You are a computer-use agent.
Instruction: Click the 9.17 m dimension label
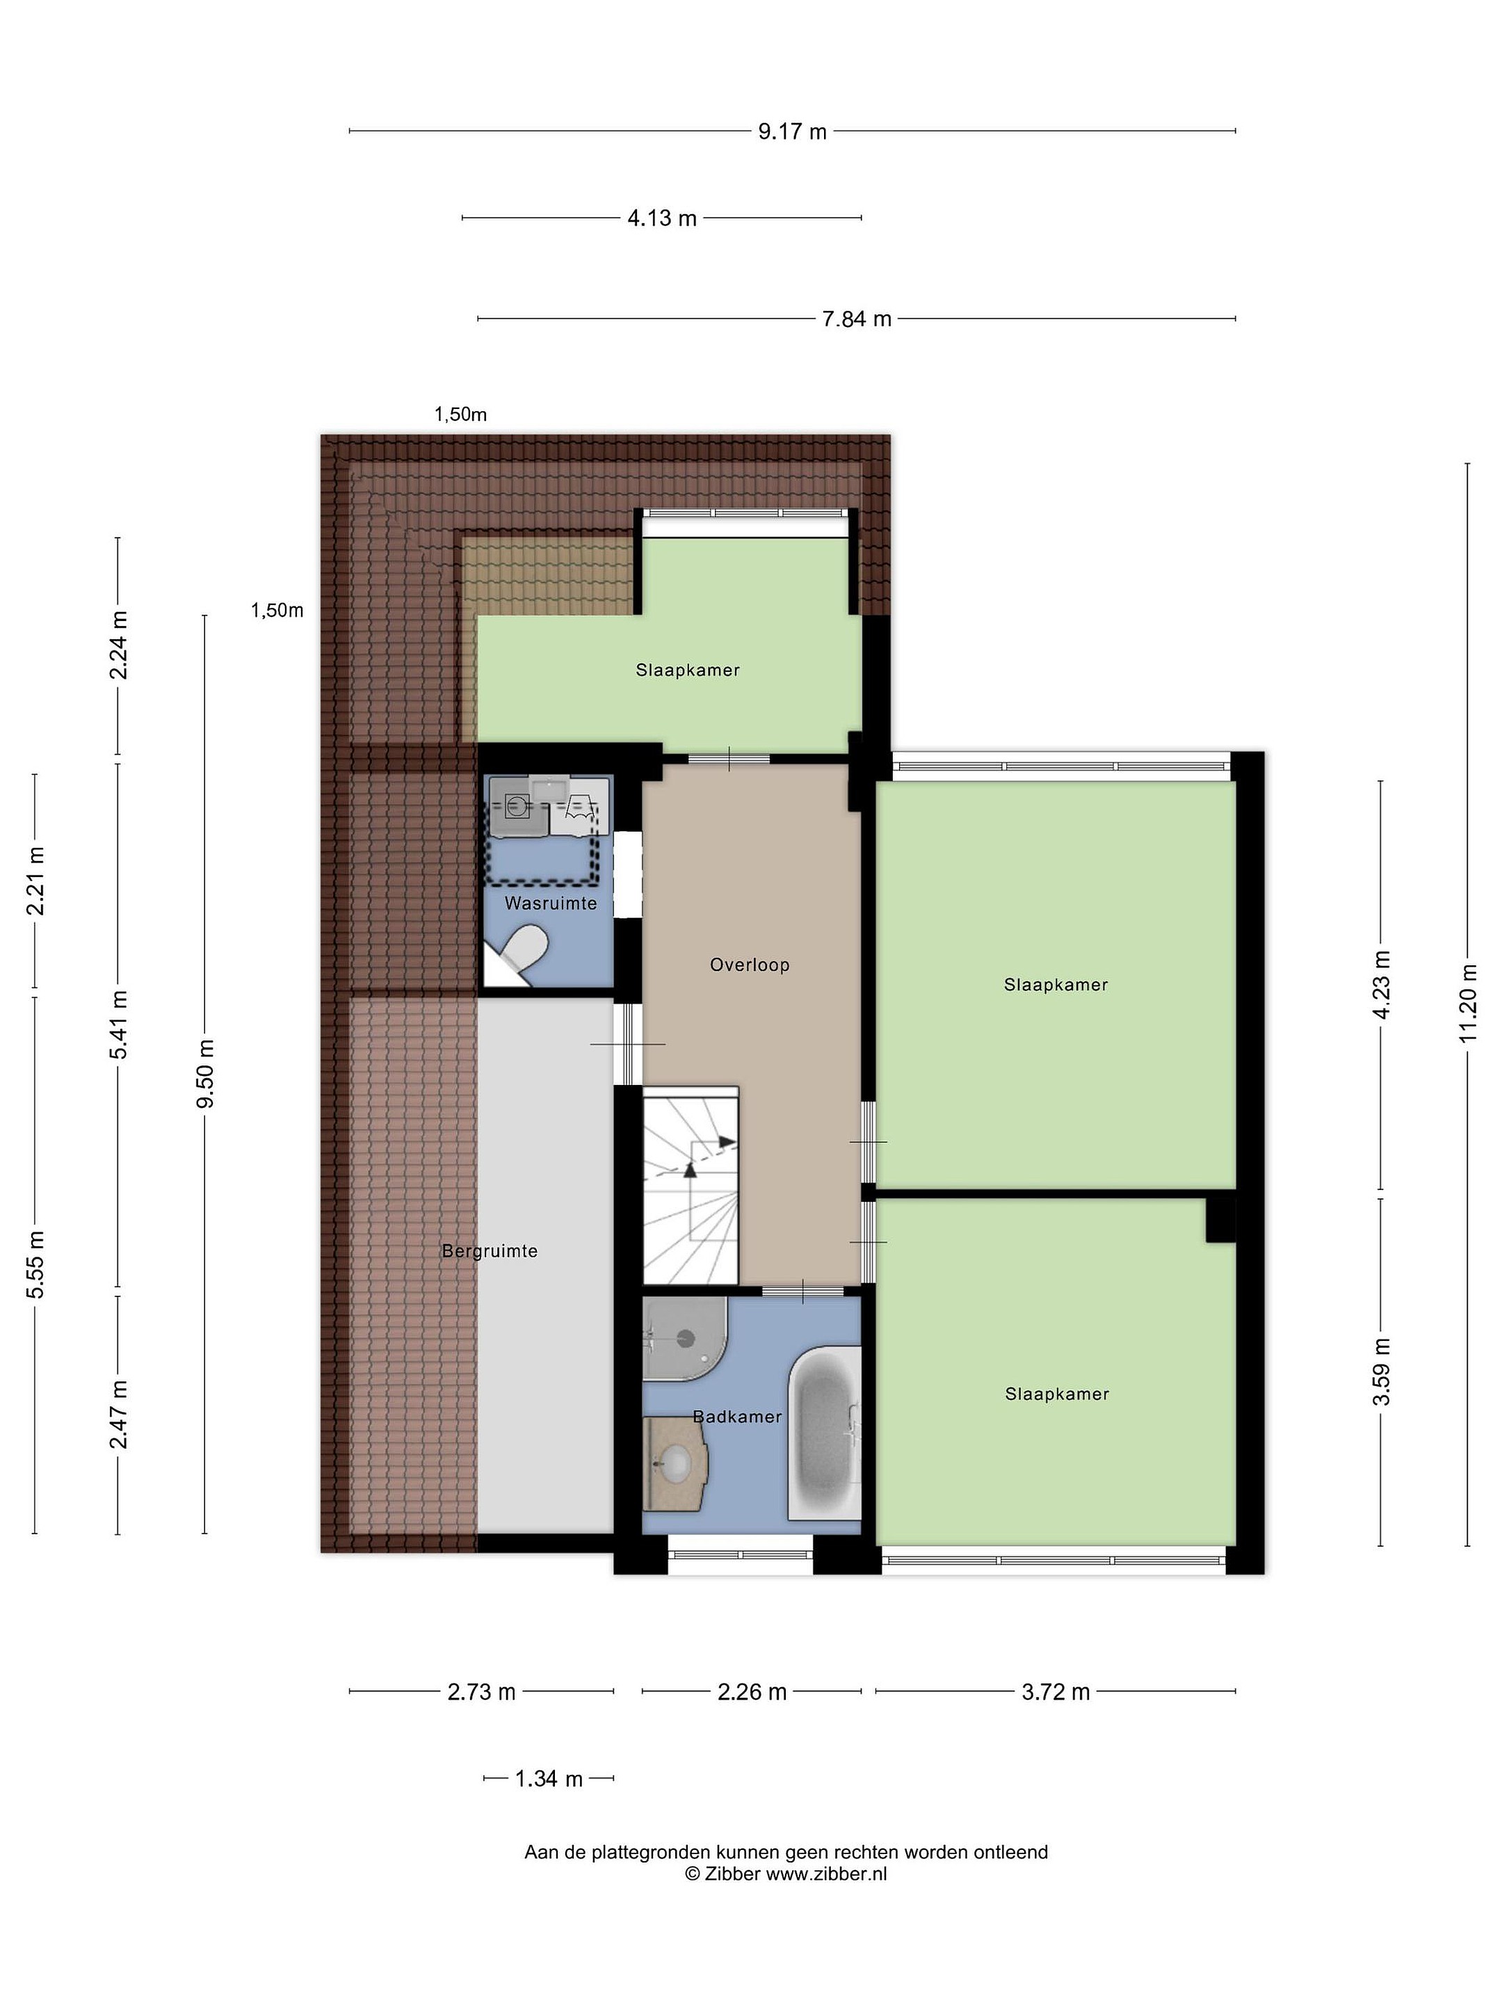[792, 131]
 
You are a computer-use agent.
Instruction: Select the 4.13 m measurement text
[662, 218]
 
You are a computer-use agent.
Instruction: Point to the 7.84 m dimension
[857, 319]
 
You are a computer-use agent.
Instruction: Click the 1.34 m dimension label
[549, 1778]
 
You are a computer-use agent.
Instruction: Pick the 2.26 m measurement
[752, 1691]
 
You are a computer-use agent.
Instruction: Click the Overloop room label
[750, 965]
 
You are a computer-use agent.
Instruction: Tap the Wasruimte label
[551, 903]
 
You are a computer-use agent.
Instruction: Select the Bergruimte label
[490, 1250]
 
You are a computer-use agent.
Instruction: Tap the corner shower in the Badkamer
[683, 1338]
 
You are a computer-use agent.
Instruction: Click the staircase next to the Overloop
[691, 1185]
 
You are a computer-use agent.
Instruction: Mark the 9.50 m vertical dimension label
[206, 1073]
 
